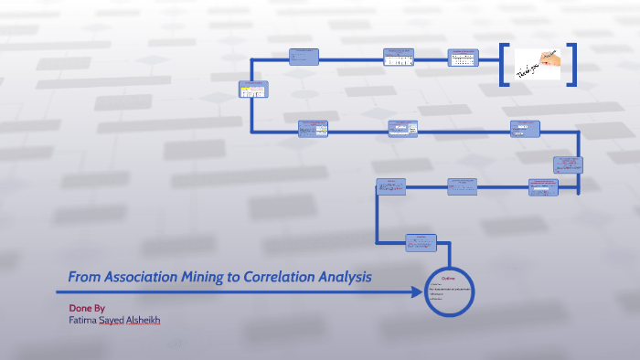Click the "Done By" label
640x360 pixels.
tap(87, 309)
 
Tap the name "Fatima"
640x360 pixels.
tap(85, 321)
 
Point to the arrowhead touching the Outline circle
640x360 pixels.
tap(422, 292)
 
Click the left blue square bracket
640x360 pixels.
tap(504, 65)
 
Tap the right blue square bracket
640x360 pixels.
tap(571, 65)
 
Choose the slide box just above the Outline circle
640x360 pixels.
tap(421, 242)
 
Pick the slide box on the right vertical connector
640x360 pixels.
tap(568, 165)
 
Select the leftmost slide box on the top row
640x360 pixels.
tap(304, 57)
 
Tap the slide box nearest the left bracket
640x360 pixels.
tap(463, 58)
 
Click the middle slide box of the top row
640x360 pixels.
tap(399, 58)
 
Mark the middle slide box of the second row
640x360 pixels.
tap(402, 129)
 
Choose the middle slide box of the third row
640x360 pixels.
tap(462, 185)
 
